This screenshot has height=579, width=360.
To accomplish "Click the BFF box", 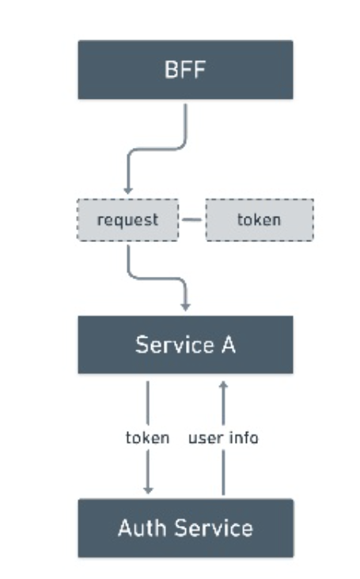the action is (x=185, y=70).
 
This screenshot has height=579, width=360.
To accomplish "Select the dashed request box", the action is (x=127, y=220).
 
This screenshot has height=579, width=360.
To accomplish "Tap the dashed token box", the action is (x=260, y=220).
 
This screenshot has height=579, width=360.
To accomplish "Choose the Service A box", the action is (x=185, y=345).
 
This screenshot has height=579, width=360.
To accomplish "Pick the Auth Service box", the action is (x=185, y=528).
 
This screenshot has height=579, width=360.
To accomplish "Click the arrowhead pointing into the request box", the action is (x=127, y=191).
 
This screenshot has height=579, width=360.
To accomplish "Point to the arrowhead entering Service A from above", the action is (x=186, y=307).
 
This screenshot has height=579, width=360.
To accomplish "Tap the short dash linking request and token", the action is (x=192, y=220).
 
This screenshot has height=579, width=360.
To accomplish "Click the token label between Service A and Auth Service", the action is (x=148, y=438).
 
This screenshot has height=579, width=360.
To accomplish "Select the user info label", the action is (x=223, y=438).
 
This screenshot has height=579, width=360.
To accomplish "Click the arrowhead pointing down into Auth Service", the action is (x=148, y=490).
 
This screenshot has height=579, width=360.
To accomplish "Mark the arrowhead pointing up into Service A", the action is (x=223, y=385).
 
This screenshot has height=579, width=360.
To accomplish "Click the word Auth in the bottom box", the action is (x=142, y=528).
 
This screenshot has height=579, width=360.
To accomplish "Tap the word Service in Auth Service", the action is (x=214, y=528).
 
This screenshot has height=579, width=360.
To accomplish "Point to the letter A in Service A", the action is (x=229, y=345).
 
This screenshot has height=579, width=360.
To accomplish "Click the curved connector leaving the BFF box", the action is (x=157, y=149).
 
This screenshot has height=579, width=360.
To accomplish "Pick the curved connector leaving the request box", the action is (x=157, y=278).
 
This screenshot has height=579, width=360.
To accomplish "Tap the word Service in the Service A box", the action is (x=175, y=345).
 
